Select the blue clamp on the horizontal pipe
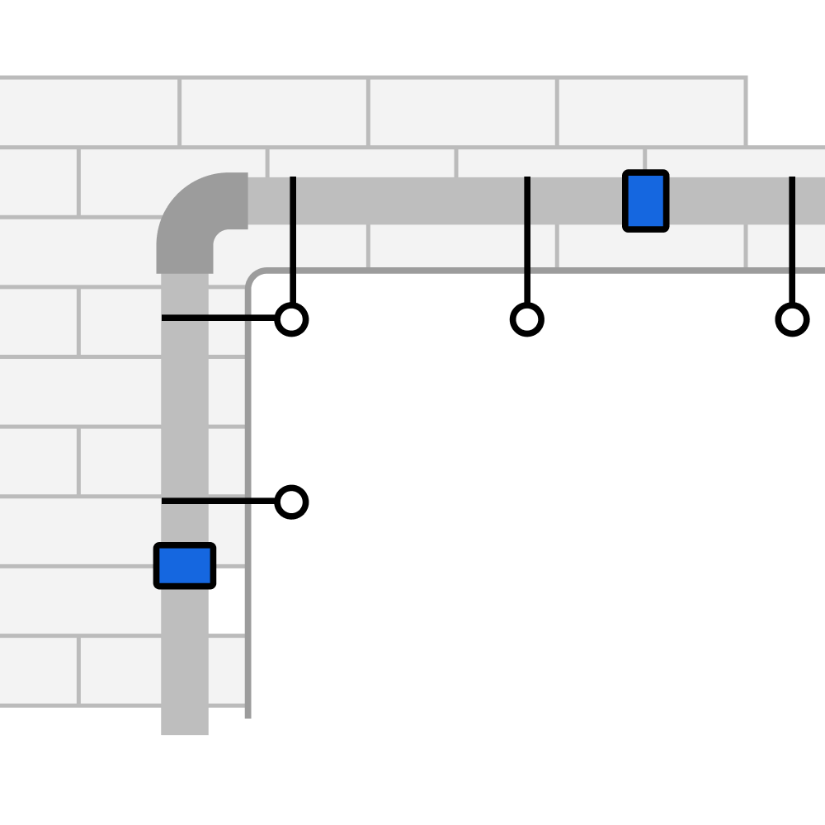tap(646, 201)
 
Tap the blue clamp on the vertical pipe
tap(185, 566)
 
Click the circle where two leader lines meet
tap(291, 319)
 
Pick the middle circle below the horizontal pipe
tap(526, 319)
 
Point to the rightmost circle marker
tap(792, 319)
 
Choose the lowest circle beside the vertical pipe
tap(291, 502)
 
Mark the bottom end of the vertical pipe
tap(185, 730)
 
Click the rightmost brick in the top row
tap(652, 112)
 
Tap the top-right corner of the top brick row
tap(746, 78)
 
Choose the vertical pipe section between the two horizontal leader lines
tap(185, 409)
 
